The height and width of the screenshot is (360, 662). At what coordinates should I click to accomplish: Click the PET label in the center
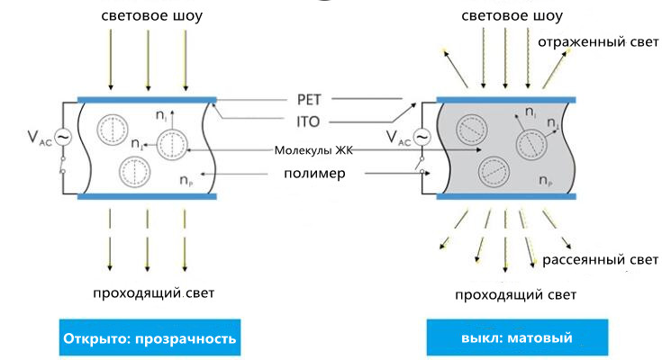pos(309,100)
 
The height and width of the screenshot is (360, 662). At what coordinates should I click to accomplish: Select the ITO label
pos(308,122)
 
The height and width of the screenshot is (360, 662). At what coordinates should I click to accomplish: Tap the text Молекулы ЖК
pos(313,150)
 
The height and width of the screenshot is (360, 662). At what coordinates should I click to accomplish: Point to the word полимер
pos(314,174)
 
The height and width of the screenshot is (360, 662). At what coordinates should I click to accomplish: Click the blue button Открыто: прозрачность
pos(150,337)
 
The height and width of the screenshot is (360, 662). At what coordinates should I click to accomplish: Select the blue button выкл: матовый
pos(517,337)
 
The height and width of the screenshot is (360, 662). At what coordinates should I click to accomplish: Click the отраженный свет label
pos(598,42)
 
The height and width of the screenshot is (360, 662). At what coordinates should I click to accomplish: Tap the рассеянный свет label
pos(600,259)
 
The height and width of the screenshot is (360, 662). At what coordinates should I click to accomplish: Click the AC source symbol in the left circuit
pos(63,137)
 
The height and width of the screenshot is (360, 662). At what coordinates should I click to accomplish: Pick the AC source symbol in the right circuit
pos(422,137)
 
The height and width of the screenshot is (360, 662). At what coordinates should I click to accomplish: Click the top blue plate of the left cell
pos(147,100)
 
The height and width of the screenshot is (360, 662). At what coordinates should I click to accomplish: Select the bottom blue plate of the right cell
pos(506,196)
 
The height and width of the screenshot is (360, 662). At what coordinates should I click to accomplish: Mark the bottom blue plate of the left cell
pos(147,196)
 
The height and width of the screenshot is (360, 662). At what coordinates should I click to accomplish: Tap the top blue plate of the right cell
pos(506,100)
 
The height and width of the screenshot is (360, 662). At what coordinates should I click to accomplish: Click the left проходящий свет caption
pos(154,292)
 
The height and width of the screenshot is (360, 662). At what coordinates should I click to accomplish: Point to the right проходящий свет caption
pos(515,294)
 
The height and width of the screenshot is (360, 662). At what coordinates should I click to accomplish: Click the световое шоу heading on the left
pos(152,16)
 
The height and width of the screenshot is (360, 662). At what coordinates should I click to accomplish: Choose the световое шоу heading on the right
pos(512,16)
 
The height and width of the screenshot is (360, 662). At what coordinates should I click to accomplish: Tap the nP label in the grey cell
pos(546,180)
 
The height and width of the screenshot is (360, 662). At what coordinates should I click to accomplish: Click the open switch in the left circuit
pos(63,165)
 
